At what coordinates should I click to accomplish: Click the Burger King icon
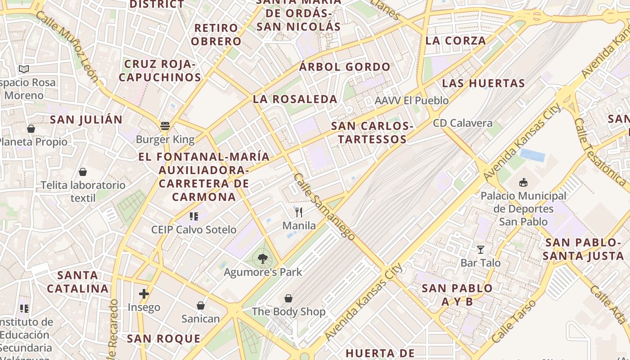pos(165,126)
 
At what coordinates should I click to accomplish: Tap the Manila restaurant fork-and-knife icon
pos(299,212)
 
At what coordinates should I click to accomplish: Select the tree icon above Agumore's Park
pos(263,259)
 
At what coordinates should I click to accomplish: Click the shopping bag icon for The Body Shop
pos(288,298)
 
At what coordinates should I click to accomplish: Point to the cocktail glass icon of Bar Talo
pos(481,249)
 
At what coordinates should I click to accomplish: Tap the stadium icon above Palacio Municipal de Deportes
pos(523,183)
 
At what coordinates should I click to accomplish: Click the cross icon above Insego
pos(144,294)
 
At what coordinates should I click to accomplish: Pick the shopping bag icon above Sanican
pos(201,306)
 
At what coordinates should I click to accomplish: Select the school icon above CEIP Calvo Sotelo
pos(194,216)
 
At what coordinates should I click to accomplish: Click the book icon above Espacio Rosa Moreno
pos(24,69)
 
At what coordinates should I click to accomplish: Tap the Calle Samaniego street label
pos(324,206)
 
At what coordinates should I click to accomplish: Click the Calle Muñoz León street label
pos(67,47)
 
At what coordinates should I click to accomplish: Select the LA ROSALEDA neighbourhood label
pos(295,99)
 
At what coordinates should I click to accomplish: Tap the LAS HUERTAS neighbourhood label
pos(483,83)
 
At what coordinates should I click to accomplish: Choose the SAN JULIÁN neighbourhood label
pos(86,120)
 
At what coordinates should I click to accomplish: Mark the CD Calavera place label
pos(463,123)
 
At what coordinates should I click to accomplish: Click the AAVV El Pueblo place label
pos(412,100)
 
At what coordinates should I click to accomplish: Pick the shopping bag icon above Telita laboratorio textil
pos(83,172)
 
